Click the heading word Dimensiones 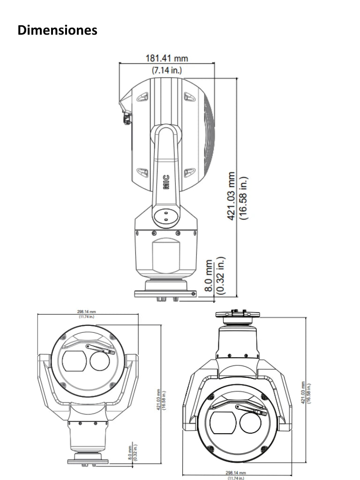58,30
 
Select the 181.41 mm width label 166,59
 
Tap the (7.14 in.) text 166,70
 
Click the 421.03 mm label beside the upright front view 158,398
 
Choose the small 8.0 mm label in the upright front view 130,454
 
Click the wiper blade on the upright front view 100,349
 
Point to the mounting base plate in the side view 165,294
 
